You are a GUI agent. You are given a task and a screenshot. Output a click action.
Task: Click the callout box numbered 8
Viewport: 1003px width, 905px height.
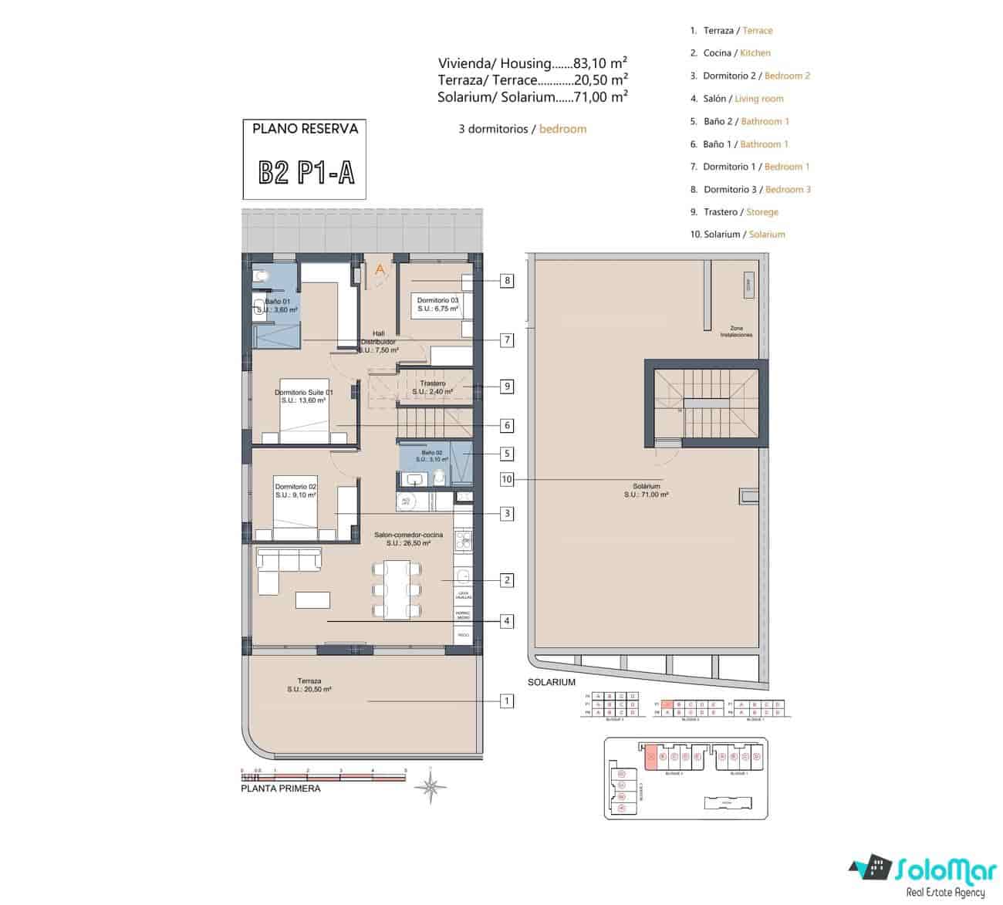coord(507,281)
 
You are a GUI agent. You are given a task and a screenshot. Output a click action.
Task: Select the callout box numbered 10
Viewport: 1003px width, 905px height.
coord(507,479)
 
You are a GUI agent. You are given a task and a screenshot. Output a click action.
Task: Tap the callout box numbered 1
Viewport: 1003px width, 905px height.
coord(507,701)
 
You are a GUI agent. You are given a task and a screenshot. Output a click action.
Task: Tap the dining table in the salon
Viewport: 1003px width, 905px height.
coord(397,590)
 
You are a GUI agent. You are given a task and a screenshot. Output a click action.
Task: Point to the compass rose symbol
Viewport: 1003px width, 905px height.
coord(431,787)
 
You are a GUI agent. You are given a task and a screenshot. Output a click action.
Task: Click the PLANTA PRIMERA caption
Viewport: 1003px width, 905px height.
coord(280,788)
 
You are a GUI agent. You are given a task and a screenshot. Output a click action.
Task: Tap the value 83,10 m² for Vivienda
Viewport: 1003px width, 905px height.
coord(600,63)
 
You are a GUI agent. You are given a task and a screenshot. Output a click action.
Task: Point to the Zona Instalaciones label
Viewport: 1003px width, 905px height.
coord(736,331)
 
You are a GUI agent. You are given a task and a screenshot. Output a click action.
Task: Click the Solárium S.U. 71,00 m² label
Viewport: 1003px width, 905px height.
coord(646,490)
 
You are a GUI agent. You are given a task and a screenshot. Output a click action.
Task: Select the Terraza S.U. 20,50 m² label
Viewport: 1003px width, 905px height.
coord(309,685)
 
